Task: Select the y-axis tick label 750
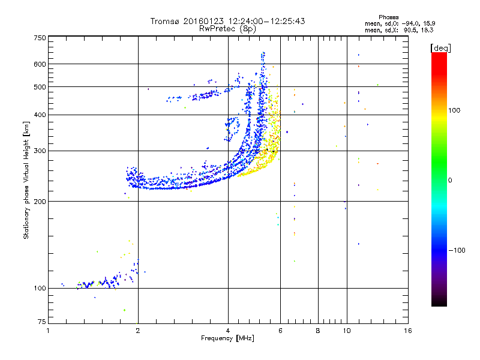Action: coord(40,37)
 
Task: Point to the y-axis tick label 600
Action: coord(40,64)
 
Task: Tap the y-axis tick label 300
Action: coord(40,151)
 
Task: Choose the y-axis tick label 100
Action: coord(40,288)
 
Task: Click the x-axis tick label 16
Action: coord(408,331)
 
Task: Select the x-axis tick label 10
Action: coord(346,331)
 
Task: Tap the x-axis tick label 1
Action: coord(48,331)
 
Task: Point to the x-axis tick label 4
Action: coord(228,331)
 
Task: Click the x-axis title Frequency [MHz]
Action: coord(228,339)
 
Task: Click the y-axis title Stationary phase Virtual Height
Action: coord(26,180)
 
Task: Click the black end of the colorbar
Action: coord(439,304)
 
